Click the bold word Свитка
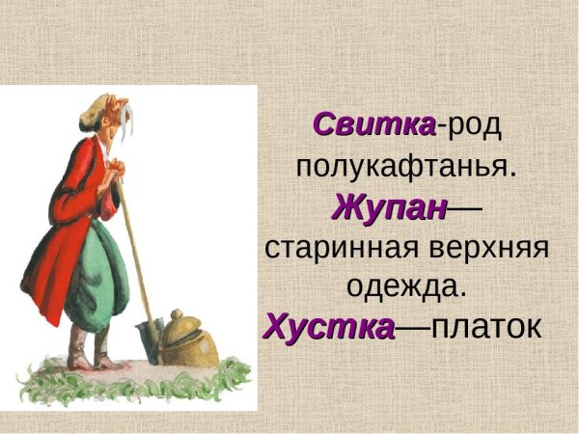(x=374, y=125)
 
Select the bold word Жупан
(x=391, y=206)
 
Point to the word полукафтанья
(x=405, y=165)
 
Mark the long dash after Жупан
(x=466, y=206)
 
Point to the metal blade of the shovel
(x=151, y=339)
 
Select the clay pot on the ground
(x=189, y=342)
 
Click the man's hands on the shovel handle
(x=114, y=174)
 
